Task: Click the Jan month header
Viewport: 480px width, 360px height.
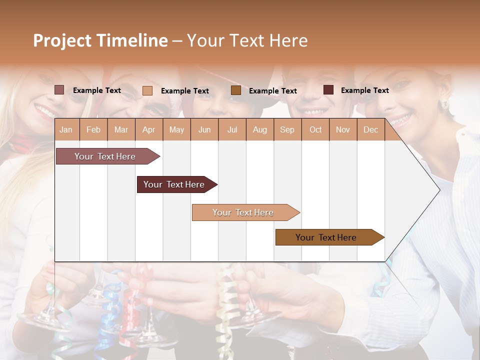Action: click(x=66, y=129)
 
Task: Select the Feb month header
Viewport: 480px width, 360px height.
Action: click(x=93, y=129)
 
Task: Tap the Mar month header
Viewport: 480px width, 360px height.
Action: click(x=121, y=129)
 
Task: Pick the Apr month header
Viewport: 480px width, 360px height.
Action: click(x=148, y=129)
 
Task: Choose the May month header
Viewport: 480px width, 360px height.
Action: click(x=176, y=129)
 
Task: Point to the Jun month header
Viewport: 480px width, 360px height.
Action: click(x=204, y=129)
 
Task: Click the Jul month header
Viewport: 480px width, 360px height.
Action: click(x=232, y=129)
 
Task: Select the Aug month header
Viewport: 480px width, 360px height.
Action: click(x=259, y=129)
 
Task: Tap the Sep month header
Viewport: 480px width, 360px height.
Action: click(x=287, y=129)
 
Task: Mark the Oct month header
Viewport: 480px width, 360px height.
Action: click(x=315, y=129)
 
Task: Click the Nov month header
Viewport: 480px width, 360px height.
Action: click(x=343, y=129)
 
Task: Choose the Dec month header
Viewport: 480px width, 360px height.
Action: click(x=370, y=129)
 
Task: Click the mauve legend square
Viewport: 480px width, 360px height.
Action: click(x=59, y=90)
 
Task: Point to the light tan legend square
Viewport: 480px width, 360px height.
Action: click(x=147, y=90)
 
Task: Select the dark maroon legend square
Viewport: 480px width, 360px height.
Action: click(x=328, y=90)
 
